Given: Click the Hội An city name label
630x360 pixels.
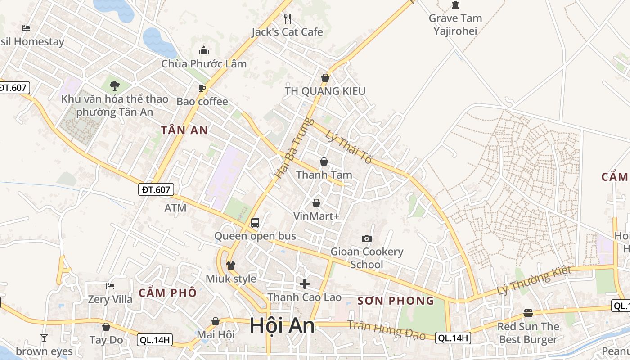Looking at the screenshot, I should point(282,325).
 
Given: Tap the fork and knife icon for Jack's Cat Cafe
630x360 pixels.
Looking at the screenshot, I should point(288,18).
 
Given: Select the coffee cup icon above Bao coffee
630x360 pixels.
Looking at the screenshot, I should point(202,88).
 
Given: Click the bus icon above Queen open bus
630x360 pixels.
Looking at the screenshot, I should point(255,222).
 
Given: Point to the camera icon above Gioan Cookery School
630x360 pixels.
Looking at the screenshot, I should point(367,238).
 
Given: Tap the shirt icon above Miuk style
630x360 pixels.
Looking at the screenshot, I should point(231,265).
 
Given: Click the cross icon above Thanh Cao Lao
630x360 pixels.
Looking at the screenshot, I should point(305,284).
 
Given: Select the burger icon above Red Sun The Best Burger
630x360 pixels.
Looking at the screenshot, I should point(528,313).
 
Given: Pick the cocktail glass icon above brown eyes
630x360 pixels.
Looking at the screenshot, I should point(44,337).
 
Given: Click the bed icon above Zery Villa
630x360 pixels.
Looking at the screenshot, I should point(110,286).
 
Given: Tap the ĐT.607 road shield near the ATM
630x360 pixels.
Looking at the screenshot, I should point(156,190).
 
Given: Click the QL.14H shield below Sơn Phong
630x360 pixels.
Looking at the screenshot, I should point(453,338).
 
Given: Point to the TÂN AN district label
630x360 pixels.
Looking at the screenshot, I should point(184,130).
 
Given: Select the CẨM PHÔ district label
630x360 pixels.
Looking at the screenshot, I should point(167,293).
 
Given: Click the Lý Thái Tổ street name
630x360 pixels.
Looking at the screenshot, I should point(349,146).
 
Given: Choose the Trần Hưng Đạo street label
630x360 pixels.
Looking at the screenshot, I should point(387,330).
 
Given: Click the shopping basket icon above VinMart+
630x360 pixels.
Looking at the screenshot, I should point(316,203).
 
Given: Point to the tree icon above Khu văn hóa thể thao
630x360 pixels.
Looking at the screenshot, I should point(115,85).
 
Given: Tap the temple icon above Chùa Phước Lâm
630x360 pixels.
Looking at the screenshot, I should point(204,50).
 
